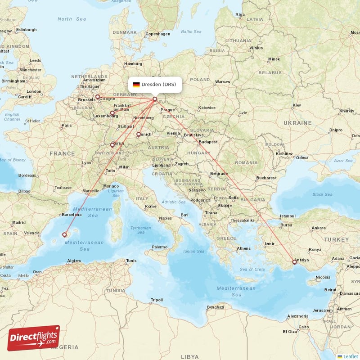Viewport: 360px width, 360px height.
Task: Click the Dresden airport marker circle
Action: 155,99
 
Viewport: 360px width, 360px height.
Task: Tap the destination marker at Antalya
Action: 295,261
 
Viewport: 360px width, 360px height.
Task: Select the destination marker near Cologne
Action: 97,96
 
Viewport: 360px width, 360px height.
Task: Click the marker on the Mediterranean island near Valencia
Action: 64,234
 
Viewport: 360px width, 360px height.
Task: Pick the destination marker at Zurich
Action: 112,145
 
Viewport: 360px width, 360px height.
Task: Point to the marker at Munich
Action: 138,134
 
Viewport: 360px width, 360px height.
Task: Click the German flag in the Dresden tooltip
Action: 136,84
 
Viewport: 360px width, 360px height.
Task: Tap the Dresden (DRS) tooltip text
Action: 159,84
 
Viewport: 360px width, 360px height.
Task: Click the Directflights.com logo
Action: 34,338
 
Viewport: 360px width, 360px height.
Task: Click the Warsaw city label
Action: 223,82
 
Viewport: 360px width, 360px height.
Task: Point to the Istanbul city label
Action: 288,216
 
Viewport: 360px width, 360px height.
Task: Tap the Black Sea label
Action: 322,194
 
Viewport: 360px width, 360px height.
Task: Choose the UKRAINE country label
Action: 297,123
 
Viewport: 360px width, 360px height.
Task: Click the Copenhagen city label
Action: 157,34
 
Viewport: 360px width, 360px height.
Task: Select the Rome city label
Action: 150,207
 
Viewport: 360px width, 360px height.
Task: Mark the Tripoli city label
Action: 157,300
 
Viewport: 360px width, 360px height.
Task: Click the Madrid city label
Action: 19,222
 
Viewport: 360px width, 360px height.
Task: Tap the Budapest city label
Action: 208,142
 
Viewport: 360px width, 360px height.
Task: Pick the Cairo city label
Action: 304,327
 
